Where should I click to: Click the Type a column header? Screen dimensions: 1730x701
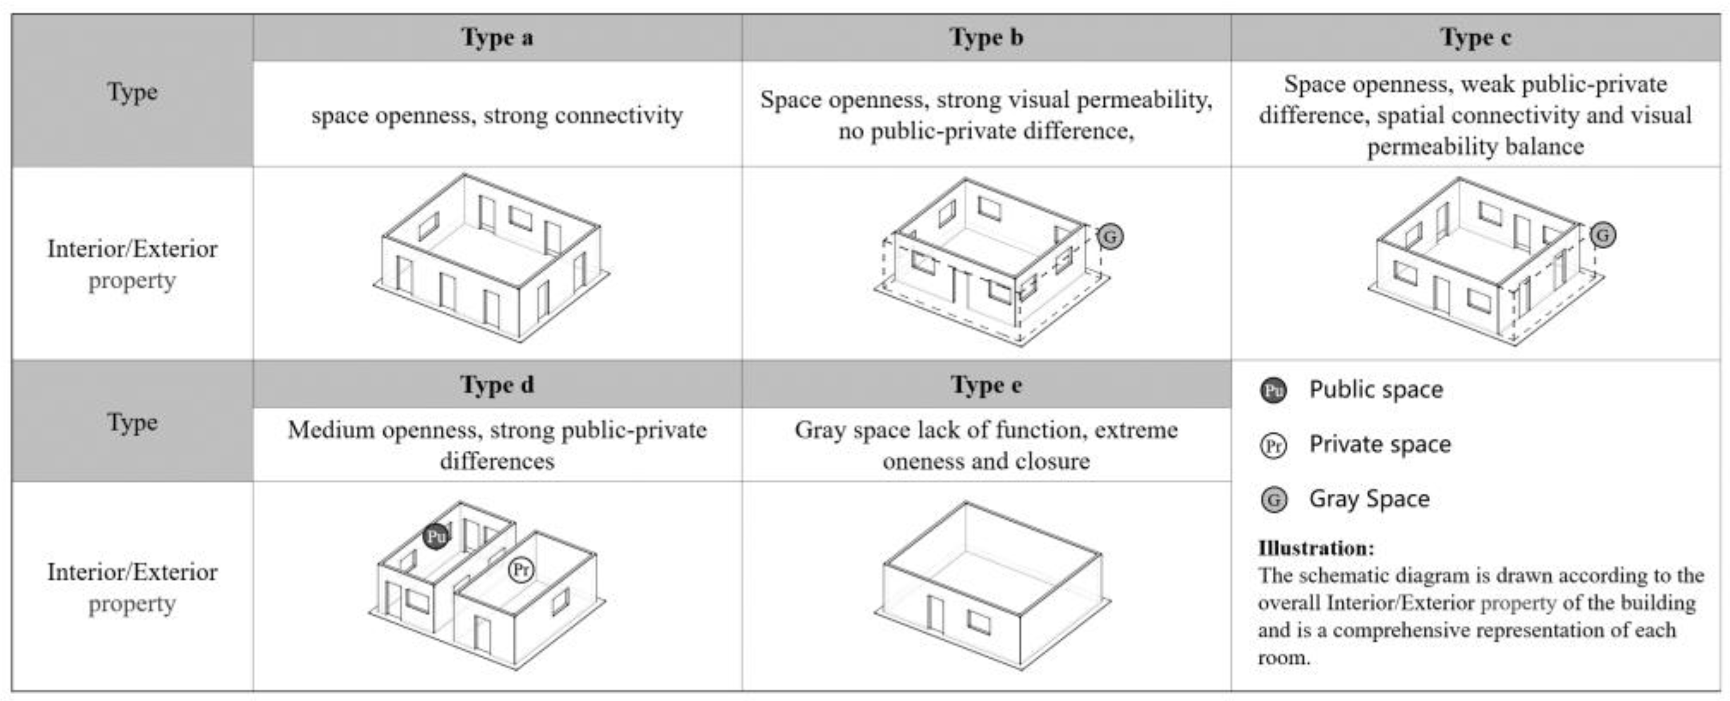pyautogui.click(x=497, y=38)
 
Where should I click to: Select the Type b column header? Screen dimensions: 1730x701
pyautogui.click(x=986, y=38)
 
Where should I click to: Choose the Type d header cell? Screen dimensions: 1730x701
pyautogui.click(x=497, y=384)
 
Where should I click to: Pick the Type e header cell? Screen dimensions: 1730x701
pyautogui.click(x=986, y=384)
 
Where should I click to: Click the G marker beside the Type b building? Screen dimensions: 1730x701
pyautogui.click(x=1110, y=237)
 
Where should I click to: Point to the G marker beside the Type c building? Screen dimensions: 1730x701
pyautogui.click(x=1603, y=235)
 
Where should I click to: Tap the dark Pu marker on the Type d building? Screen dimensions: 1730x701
pyautogui.click(x=436, y=536)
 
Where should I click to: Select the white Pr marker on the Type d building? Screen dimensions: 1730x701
pyautogui.click(x=521, y=570)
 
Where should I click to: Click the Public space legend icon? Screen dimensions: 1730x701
pyautogui.click(x=1273, y=390)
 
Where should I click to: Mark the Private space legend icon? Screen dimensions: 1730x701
pyautogui.click(x=1273, y=445)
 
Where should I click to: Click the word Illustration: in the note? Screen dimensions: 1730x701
pyautogui.click(x=1316, y=548)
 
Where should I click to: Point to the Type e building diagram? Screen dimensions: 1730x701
pyautogui.click(x=993, y=584)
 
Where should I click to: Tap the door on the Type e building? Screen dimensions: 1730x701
pyautogui.click(x=935, y=614)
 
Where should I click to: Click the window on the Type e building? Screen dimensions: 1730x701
pyautogui.click(x=979, y=622)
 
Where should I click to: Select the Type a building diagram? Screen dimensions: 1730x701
pyautogui.click(x=492, y=258)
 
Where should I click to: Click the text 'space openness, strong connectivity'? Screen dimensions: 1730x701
pyautogui.click(x=497, y=115)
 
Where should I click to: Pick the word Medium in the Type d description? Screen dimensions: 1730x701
pyautogui.click(x=329, y=430)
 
